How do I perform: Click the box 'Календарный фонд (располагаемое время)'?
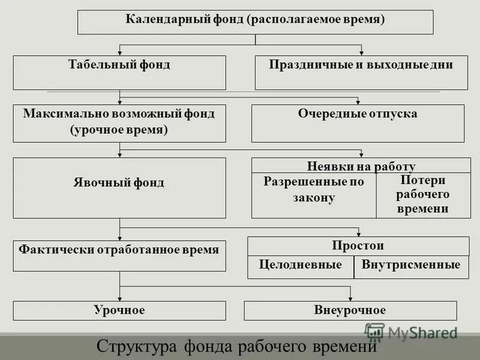point(255,22)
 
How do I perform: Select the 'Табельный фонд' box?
point(119,73)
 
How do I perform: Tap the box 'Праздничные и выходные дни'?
point(361,73)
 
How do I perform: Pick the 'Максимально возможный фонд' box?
point(119,122)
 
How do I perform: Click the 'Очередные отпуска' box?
point(358,122)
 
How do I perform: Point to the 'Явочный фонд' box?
point(119,188)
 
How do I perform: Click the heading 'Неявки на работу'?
point(361,166)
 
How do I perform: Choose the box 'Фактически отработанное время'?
point(119,256)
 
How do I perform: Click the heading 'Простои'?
point(358,246)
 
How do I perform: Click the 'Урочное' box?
point(119,310)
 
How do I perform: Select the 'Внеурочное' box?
point(350,310)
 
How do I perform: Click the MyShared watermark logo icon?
point(375,332)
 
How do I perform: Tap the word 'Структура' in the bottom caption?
point(131,347)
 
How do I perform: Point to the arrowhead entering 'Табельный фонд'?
point(120,52)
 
